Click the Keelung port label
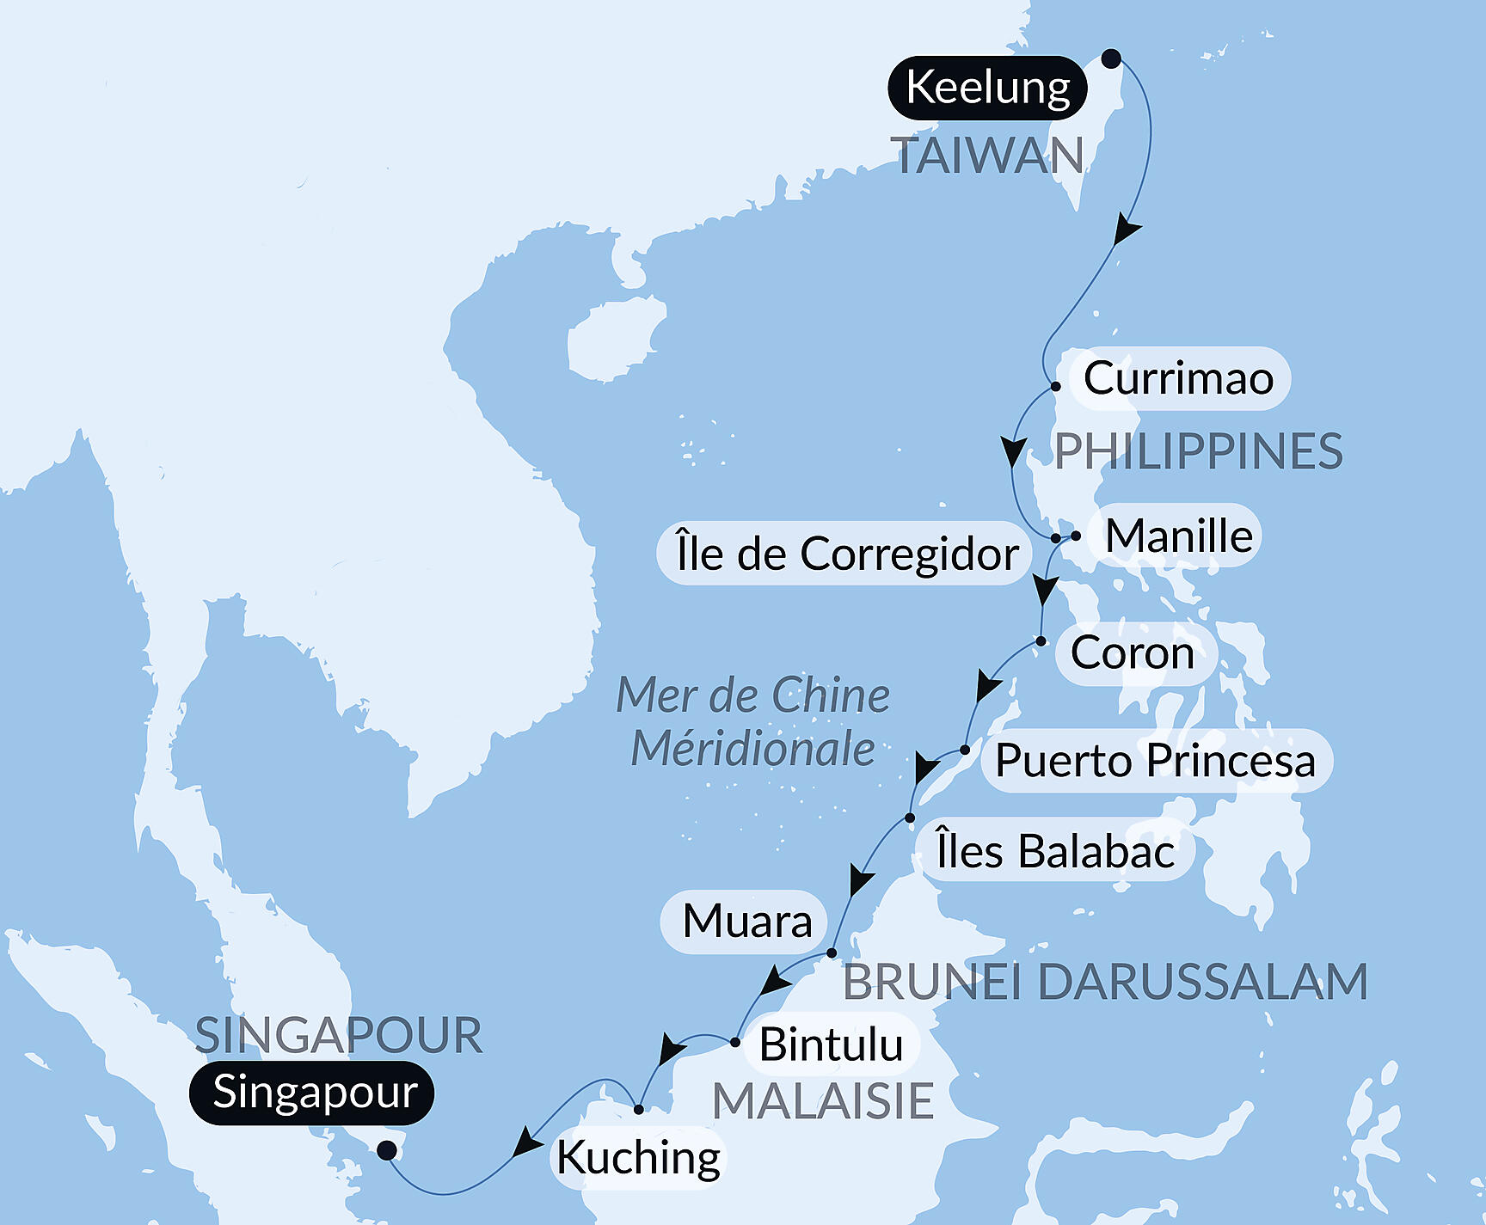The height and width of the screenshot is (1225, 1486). coord(987,88)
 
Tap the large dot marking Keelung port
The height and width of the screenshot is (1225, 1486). coord(1111,58)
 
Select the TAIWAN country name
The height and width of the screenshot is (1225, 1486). coord(990,156)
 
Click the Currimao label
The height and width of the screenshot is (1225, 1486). coord(1177,378)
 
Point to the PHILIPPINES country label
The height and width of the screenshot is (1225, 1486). coord(1199,451)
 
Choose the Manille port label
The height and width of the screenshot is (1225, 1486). coord(1178,536)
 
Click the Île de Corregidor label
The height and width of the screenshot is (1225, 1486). coord(846,554)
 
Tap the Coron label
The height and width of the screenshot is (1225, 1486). coord(1133,653)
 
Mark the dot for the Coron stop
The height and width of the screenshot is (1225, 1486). coord(1041,641)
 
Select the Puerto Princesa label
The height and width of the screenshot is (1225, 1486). coord(1155,761)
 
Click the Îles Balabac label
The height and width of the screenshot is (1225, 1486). coord(1055,852)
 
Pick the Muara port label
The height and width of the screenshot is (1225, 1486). coord(746,922)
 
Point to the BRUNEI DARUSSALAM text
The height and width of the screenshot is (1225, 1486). coord(1105,982)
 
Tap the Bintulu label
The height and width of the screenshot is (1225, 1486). coord(831,1044)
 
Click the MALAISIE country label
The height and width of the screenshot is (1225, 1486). coord(823,1101)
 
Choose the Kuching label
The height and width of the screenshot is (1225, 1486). coord(638,1157)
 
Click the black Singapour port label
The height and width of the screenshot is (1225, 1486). coord(314,1093)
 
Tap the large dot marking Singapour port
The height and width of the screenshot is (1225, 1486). coord(388,1150)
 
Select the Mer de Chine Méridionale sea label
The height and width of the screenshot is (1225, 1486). coord(753,721)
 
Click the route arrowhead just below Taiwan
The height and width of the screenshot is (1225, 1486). coord(1125,231)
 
